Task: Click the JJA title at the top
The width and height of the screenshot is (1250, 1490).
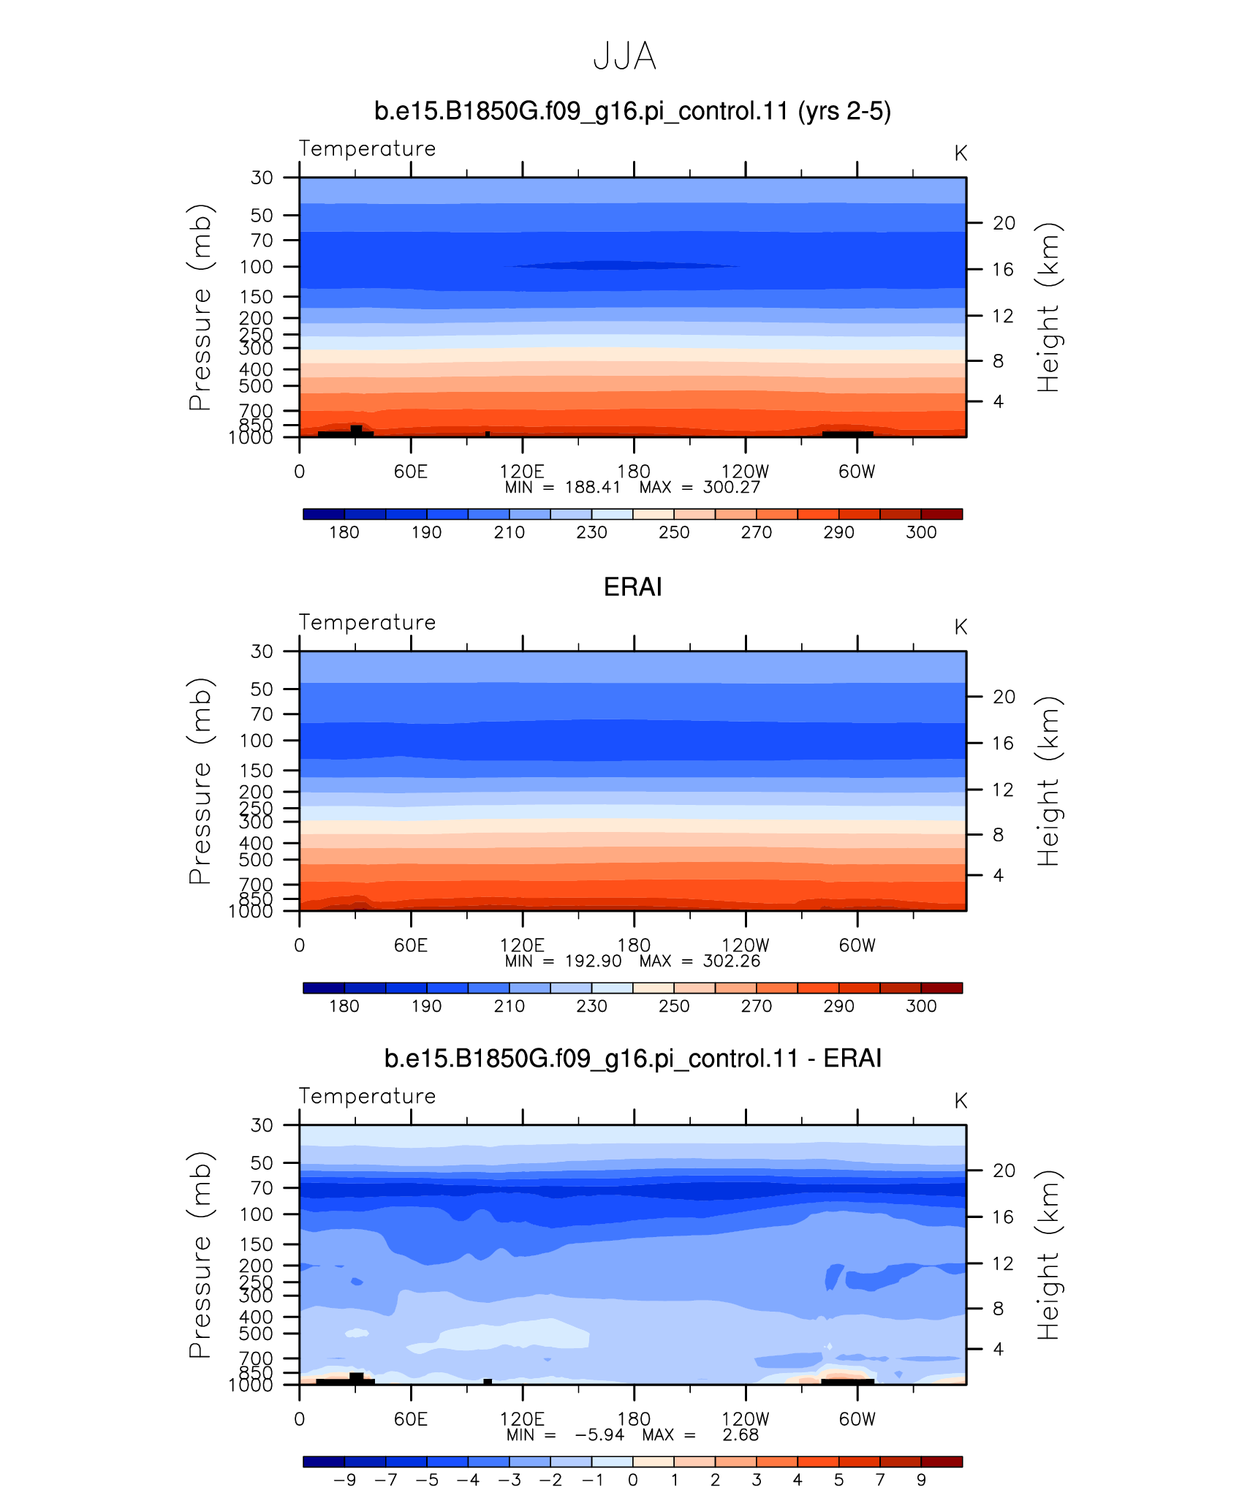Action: pyautogui.click(x=625, y=56)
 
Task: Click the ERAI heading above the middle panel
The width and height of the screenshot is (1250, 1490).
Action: pyautogui.click(x=633, y=587)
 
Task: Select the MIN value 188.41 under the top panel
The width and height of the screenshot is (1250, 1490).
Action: pyautogui.click(x=593, y=488)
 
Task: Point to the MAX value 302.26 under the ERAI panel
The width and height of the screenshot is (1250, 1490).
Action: pyautogui.click(x=732, y=961)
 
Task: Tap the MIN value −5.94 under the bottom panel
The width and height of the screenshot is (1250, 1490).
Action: pyautogui.click(x=599, y=1435)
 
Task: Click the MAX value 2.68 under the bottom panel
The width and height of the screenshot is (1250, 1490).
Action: pyautogui.click(x=740, y=1435)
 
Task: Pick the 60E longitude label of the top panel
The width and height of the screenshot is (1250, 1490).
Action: pyautogui.click(x=411, y=472)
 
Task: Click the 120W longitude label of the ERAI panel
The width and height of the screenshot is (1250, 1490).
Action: pyautogui.click(x=746, y=945)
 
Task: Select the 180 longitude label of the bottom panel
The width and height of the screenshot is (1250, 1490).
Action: pyautogui.click(x=634, y=1419)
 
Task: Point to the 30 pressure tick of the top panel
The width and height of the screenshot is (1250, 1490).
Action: pyautogui.click(x=262, y=178)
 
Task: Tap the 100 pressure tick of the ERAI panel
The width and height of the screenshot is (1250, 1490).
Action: pyautogui.click(x=256, y=741)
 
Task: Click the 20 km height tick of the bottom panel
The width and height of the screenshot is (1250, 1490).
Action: pyautogui.click(x=1004, y=1171)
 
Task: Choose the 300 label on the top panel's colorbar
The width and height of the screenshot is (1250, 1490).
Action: pyautogui.click(x=921, y=532)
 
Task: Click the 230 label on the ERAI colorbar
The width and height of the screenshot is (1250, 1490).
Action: pyautogui.click(x=591, y=1006)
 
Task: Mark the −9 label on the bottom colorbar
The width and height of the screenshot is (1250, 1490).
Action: pyautogui.click(x=344, y=1480)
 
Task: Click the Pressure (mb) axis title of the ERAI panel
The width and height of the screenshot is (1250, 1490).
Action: pyautogui.click(x=200, y=781)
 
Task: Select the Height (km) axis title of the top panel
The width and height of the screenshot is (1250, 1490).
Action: pyautogui.click(x=1049, y=307)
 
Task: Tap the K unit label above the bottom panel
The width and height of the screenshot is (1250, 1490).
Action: pyautogui.click(x=961, y=1101)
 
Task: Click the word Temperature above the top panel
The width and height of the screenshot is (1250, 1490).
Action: pyautogui.click(x=367, y=148)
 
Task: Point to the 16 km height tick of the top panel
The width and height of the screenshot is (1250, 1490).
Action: pyautogui.click(x=1003, y=269)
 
